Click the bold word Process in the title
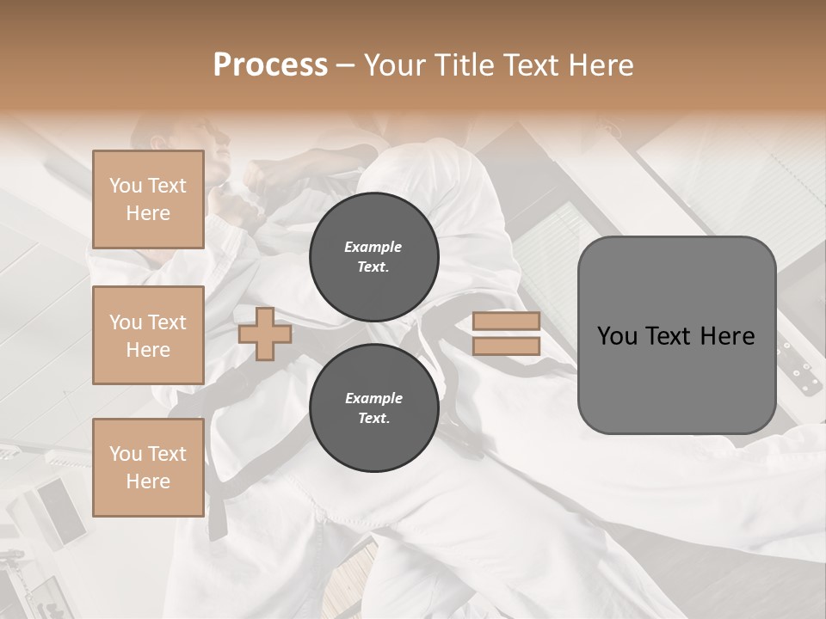click(x=270, y=64)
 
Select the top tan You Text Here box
click(x=148, y=199)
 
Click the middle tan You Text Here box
click(x=148, y=335)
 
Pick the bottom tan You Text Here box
click(x=148, y=467)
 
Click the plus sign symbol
click(x=265, y=334)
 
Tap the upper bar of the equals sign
click(x=506, y=321)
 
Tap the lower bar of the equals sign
click(x=506, y=346)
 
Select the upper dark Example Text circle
click(x=374, y=256)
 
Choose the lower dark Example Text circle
click(x=374, y=408)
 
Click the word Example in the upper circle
click(x=373, y=247)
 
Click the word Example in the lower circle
click(x=373, y=398)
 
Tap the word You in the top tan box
click(x=126, y=186)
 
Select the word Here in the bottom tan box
click(x=148, y=481)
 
